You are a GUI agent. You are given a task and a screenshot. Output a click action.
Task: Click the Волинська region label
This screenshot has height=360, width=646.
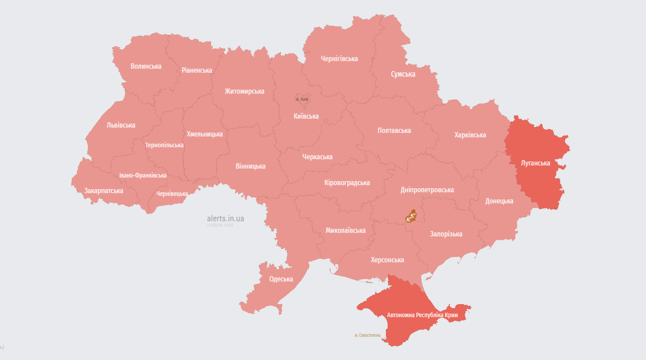click(146, 66)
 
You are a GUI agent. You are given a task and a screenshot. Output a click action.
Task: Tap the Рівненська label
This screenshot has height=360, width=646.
click(197, 70)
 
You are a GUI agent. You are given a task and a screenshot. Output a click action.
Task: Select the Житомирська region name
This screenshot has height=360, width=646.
click(244, 91)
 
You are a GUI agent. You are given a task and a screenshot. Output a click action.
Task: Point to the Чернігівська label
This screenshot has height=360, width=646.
click(340, 58)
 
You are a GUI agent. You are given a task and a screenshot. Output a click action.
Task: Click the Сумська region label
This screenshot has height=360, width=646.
click(403, 74)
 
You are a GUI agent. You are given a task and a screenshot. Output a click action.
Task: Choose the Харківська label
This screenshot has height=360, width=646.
click(470, 135)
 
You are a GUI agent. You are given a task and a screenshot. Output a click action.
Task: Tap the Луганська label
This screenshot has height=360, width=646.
click(535, 163)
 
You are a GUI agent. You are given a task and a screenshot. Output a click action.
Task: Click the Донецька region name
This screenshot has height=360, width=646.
click(499, 201)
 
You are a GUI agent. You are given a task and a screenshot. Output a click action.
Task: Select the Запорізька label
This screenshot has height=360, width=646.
click(446, 234)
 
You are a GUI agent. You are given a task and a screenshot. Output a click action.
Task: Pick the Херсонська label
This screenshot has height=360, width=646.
click(387, 260)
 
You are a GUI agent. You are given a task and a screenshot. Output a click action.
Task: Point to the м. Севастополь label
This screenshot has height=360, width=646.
click(368, 335)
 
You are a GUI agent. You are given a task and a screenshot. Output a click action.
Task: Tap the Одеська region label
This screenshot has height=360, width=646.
click(281, 279)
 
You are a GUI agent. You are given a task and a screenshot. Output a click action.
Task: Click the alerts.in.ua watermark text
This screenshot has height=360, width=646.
click(225, 219)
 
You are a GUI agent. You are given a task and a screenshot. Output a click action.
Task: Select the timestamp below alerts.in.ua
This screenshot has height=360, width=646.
click(220, 225)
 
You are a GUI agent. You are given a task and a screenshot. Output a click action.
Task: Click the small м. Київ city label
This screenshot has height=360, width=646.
click(302, 99)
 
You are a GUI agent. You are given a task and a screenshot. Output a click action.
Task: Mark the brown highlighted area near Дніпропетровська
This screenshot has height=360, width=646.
click(411, 216)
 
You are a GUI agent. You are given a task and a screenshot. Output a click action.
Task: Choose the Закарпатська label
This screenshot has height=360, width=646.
click(104, 190)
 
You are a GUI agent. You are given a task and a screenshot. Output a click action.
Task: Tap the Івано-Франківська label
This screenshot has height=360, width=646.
click(143, 175)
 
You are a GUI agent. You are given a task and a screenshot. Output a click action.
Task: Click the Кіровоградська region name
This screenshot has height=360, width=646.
click(347, 182)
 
